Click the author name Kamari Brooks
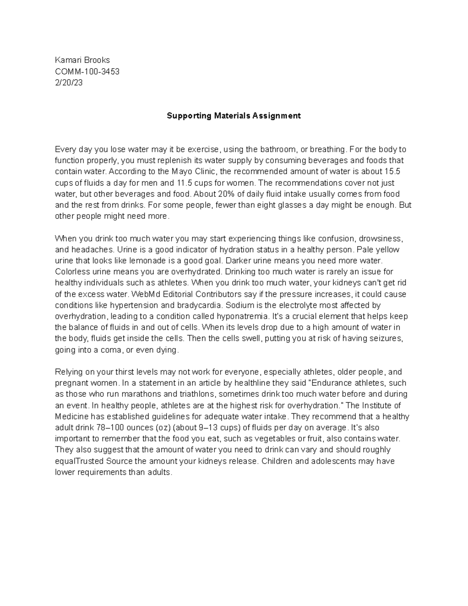click(x=82, y=60)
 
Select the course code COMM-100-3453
click(x=87, y=71)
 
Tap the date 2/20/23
click(x=69, y=83)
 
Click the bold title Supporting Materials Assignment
click(x=234, y=116)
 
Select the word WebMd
click(x=144, y=294)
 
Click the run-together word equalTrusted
click(x=80, y=461)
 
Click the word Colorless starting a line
click(x=71, y=272)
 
